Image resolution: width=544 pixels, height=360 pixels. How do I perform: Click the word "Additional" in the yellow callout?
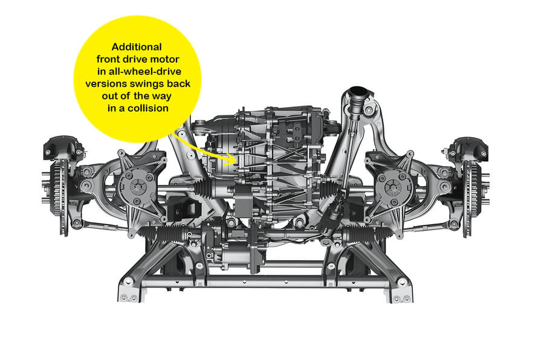point(137,47)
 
